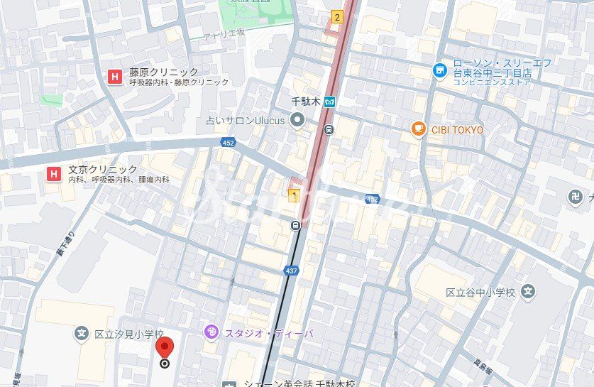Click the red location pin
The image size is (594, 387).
pos(165,349)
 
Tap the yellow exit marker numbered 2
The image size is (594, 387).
pos(336,17)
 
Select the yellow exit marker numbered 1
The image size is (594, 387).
pos(293,195)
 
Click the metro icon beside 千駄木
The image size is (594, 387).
pos(329,102)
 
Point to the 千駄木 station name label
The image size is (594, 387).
pos(307,102)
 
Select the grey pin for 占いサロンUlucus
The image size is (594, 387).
pos(297,120)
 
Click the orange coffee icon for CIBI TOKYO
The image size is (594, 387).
pos(418,129)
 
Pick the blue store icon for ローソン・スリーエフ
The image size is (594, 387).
pos(440,70)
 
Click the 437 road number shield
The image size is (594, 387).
pos(291,271)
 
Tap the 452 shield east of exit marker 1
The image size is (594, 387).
pos(372,200)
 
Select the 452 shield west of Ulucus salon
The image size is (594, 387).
pos(227,142)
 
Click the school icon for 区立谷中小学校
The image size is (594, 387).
pos(527,291)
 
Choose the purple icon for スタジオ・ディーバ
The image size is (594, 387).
pos(211,332)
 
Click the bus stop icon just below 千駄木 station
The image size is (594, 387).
pos(329,129)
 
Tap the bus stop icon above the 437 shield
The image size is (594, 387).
pos(295,226)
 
